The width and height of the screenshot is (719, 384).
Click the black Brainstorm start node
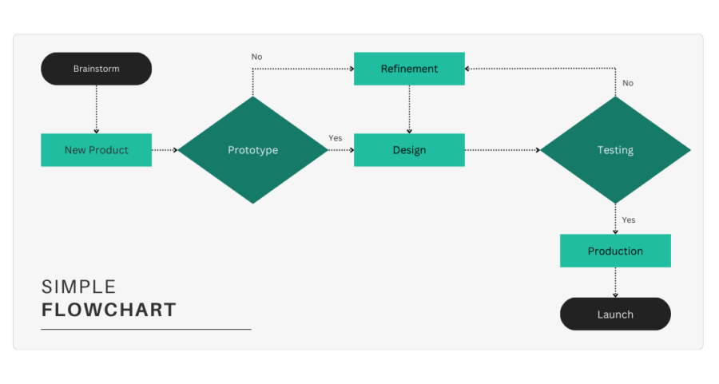(96, 69)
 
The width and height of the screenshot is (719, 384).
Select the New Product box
(96, 150)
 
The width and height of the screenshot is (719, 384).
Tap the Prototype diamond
(252, 150)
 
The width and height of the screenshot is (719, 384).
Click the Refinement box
(409, 69)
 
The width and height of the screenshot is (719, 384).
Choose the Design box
(409, 150)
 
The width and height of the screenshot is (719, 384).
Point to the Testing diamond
(615, 150)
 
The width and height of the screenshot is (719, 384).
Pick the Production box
(615, 251)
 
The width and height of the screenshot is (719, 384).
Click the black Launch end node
(615, 315)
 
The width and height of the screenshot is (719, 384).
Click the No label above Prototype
(256, 57)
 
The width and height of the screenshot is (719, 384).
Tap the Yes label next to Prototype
(335, 138)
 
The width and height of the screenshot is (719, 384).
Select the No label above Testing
(628, 83)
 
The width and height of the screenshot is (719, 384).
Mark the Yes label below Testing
(629, 220)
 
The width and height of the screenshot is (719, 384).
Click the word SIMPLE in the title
(79, 287)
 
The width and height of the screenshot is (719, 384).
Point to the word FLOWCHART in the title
(109, 310)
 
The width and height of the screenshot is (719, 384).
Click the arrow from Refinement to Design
(409, 109)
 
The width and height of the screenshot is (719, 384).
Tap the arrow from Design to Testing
(502, 150)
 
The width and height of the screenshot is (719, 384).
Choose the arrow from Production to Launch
(615, 282)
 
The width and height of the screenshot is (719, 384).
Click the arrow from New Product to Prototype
(165, 150)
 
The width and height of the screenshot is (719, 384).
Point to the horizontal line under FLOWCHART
(146, 329)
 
